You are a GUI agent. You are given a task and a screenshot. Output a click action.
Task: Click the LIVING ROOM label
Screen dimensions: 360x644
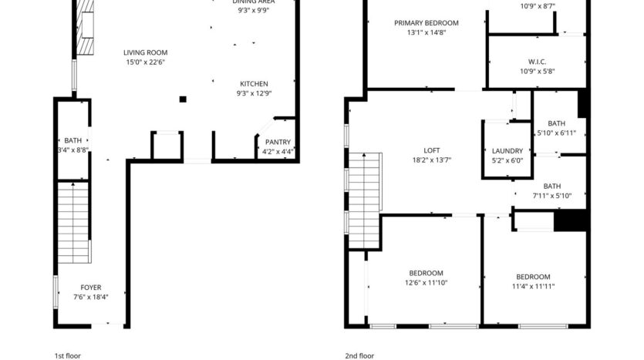click(145, 52)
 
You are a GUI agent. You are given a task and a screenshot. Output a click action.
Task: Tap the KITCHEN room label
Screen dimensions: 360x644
click(253, 83)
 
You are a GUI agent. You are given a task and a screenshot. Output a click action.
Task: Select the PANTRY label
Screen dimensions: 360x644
click(278, 142)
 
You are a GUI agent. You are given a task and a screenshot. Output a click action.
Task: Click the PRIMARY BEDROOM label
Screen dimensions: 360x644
click(426, 23)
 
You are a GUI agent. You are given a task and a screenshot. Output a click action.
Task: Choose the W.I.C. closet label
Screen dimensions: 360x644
click(538, 62)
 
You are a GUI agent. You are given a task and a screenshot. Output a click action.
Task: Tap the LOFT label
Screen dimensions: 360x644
click(431, 150)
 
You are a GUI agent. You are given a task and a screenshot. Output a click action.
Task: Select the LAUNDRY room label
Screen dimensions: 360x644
click(507, 151)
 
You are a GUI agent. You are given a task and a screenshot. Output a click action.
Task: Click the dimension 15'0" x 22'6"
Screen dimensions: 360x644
click(145, 62)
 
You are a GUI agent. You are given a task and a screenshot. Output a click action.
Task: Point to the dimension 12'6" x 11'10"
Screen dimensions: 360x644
click(426, 283)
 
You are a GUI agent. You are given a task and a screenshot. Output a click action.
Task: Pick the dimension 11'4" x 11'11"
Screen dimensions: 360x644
click(533, 286)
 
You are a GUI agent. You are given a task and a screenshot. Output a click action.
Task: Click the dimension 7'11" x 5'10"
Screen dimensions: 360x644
click(551, 195)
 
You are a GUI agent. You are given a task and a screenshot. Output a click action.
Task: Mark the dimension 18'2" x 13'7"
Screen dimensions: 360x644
click(431, 160)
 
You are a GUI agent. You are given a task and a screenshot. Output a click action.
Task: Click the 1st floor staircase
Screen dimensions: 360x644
click(75, 223)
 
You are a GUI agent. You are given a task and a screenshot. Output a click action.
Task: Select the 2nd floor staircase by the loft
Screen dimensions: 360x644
click(365, 200)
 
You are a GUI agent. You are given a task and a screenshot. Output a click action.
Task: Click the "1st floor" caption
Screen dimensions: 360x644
click(67, 355)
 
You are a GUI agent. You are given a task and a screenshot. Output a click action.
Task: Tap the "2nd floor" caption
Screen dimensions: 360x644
click(359, 355)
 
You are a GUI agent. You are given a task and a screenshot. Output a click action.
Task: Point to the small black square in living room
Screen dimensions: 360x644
click(183, 99)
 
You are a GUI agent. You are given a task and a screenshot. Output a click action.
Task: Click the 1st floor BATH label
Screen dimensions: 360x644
click(72, 140)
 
